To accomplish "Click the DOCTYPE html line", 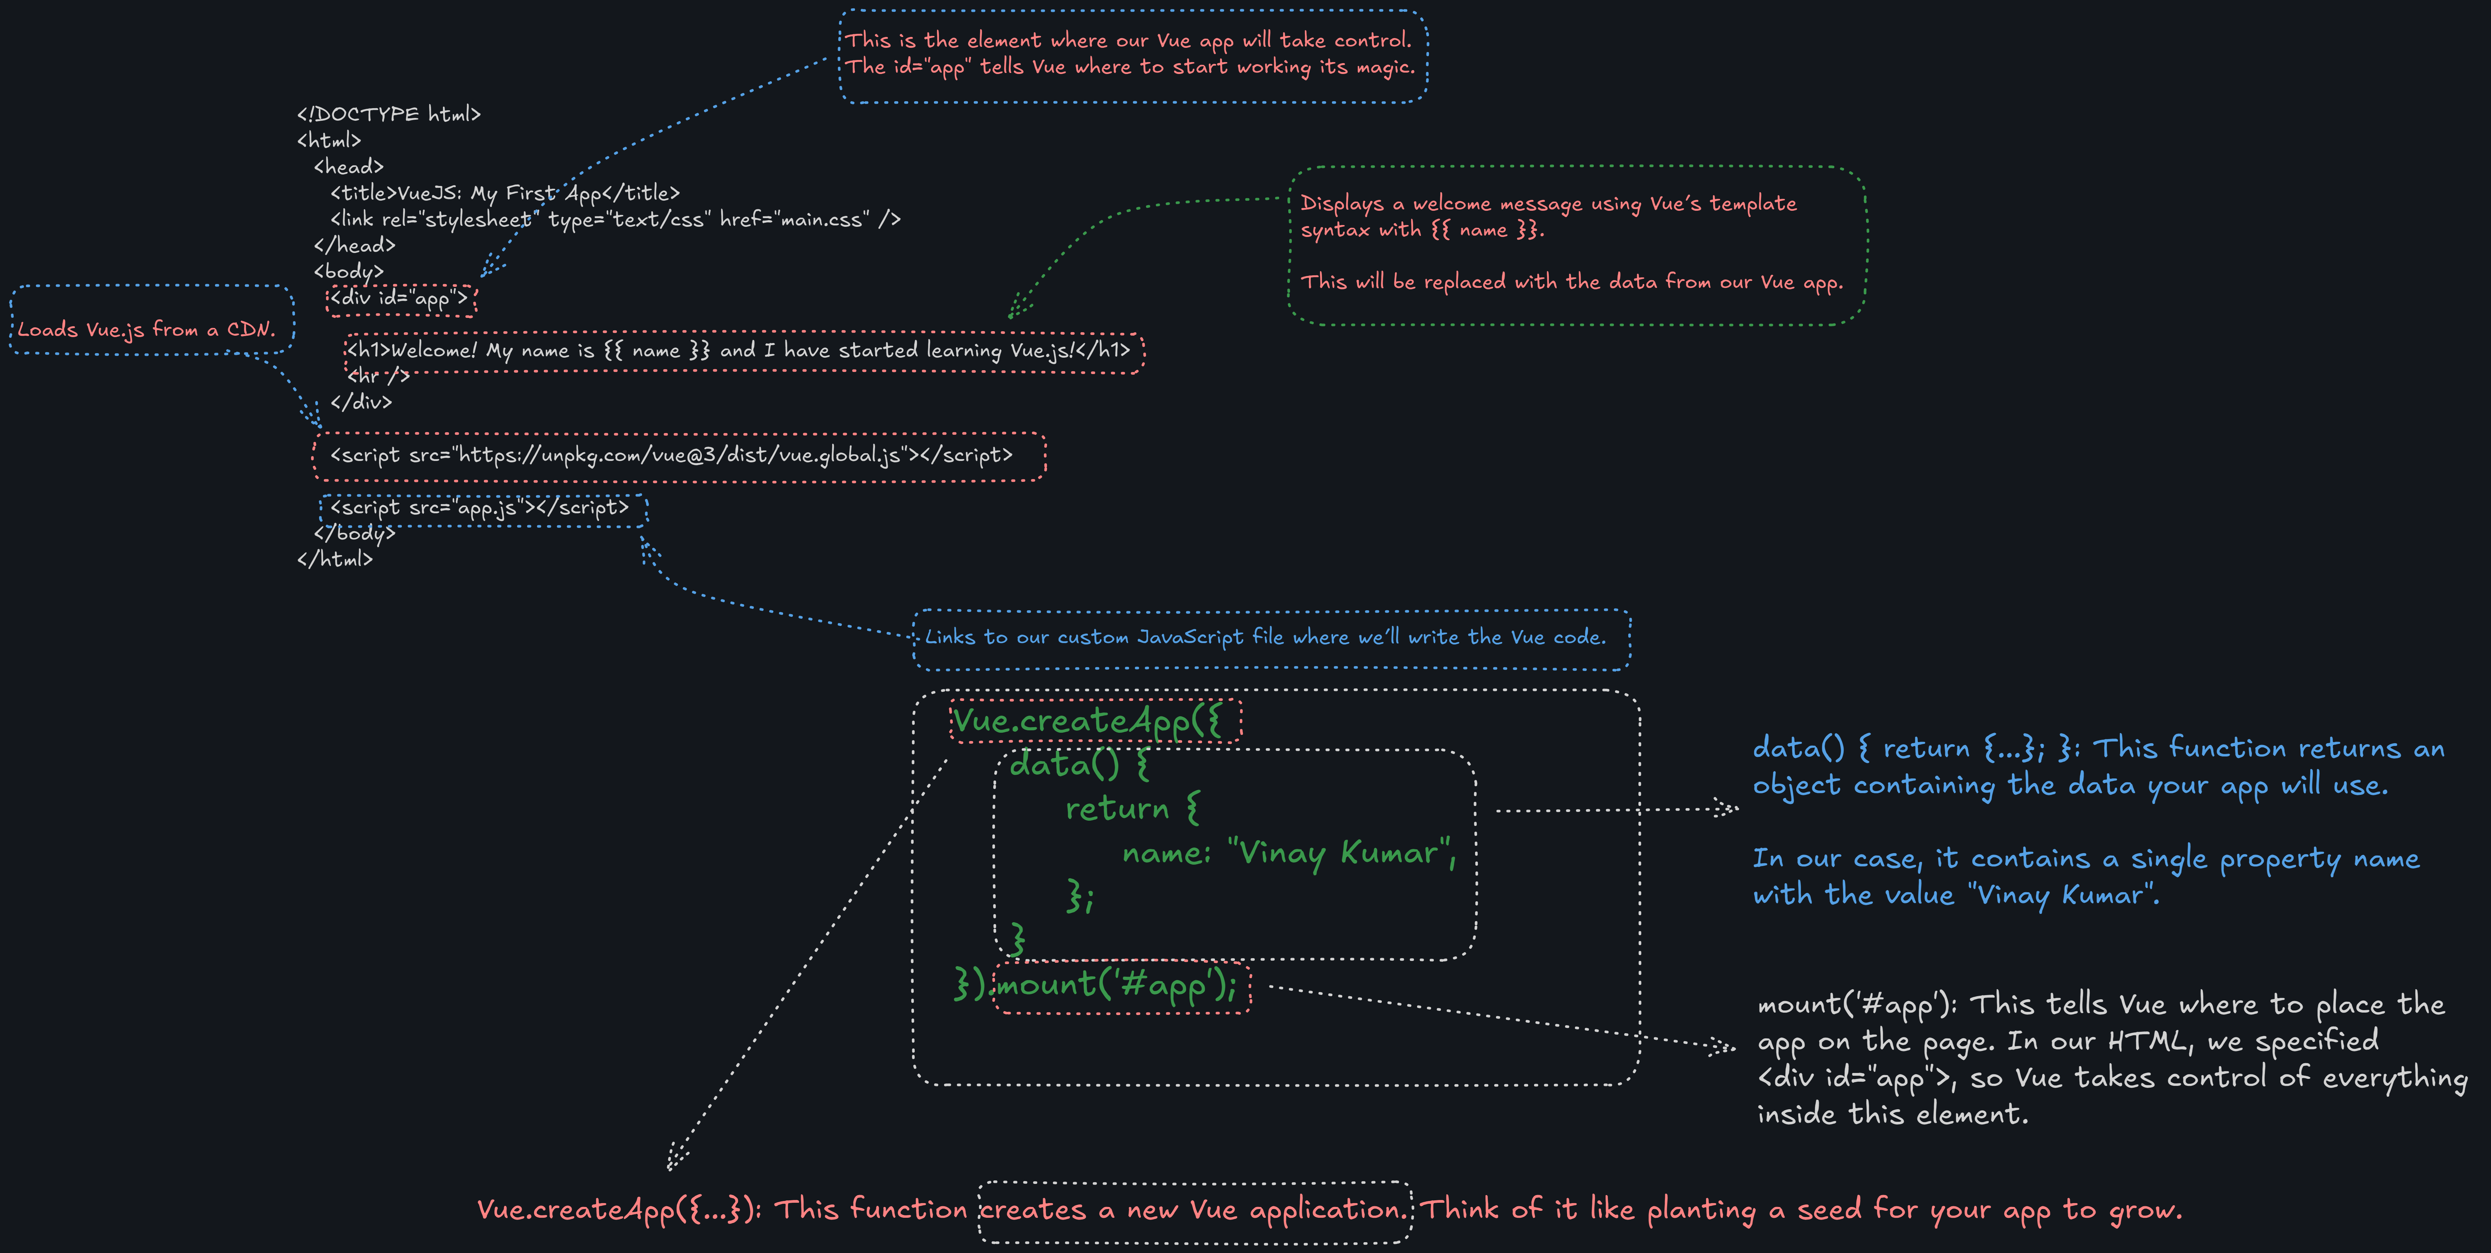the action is click(x=389, y=114).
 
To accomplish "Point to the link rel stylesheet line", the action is click(x=615, y=219).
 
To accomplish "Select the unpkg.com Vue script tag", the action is click(x=671, y=455).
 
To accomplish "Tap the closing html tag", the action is click(x=334, y=559).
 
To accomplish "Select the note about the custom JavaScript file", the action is click(x=1265, y=637).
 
